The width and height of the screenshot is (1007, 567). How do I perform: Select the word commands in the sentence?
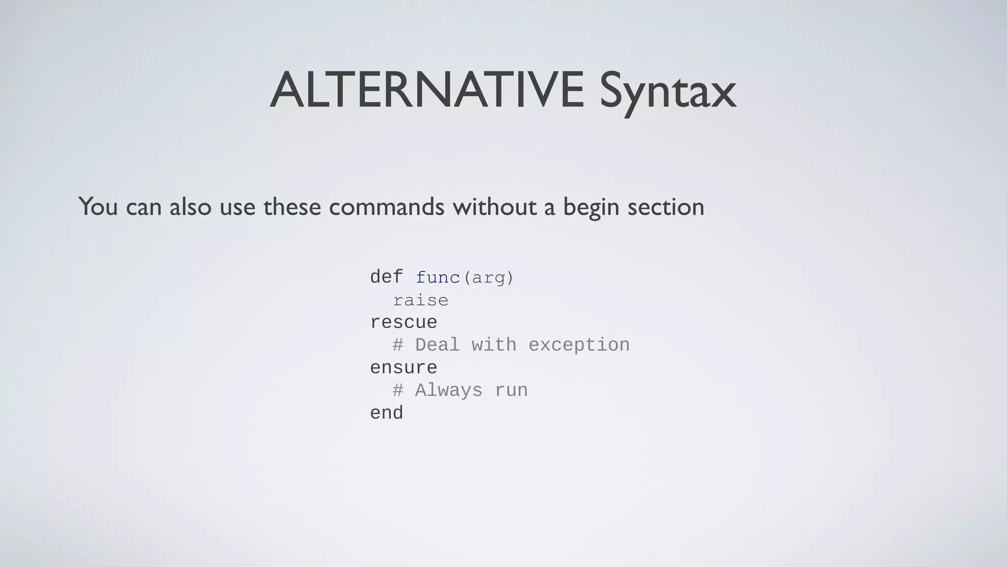click(x=386, y=207)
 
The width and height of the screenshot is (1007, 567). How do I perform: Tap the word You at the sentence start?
click(x=98, y=207)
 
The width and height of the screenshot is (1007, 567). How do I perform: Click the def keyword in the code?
click(x=386, y=277)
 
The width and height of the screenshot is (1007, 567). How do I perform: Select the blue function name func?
click(x=438, y=278)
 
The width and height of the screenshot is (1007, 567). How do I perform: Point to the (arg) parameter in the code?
click(x=488, y=278)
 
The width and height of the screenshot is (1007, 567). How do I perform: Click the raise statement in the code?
click(x=420, y=300)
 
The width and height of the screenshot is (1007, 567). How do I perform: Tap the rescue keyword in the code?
click(x=403, y=323)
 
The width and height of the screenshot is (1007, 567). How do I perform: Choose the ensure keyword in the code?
click(x=403, y=368)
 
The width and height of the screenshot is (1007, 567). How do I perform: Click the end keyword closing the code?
click(x=386, y=413)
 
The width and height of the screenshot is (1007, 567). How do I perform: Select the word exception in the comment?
click(x=579, y=345)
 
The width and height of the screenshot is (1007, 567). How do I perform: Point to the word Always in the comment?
click(x=448, y=391)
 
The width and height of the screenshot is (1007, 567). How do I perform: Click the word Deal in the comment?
click(x=438, y=345)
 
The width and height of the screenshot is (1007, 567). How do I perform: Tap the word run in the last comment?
click(x=511, y=391)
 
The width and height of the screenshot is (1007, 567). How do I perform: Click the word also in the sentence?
click(x=190, y=207)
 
